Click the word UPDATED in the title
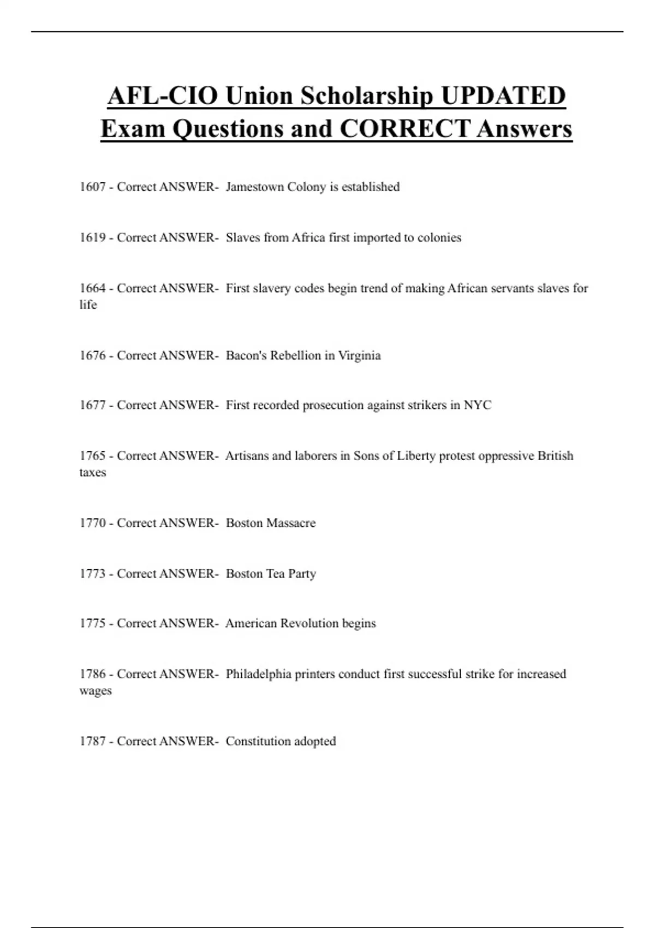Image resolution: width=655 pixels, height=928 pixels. [503, 96]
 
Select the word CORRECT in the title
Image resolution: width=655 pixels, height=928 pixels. [404, 129]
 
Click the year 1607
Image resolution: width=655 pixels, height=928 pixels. [92, 187]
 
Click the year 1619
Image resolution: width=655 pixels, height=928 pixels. [92, 237]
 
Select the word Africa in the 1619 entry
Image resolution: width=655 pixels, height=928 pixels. [308, 237]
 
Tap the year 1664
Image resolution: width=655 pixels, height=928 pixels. [92, 288]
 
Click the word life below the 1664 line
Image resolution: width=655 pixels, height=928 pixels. [88, 305]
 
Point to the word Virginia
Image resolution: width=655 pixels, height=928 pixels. [359, 355]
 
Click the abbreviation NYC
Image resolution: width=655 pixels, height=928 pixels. [478, 405]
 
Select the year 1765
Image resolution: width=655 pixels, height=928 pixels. [92, 456]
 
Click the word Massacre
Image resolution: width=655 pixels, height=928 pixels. [291, 523]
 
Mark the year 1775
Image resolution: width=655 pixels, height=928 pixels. [92, 623]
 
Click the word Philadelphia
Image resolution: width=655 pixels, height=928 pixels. [258, 674]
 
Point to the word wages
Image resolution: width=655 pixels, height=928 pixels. [96, 691]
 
